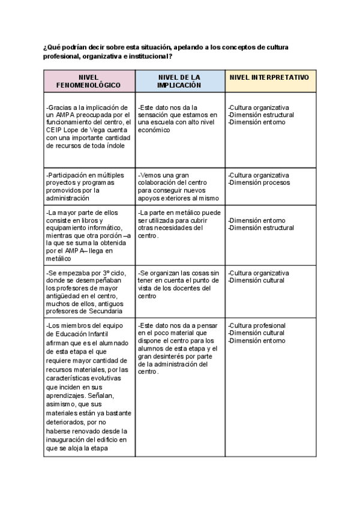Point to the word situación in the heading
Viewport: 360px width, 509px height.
point(150,48)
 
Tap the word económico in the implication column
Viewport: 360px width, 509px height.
point(153,130)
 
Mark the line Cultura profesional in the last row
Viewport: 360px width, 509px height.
point(257,325)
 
